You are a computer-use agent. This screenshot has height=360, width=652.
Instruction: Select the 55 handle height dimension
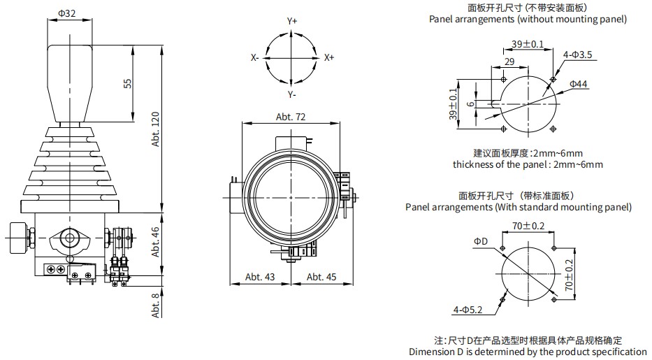[127, 82]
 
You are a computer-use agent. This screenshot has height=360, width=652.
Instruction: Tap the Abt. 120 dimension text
[156, 130]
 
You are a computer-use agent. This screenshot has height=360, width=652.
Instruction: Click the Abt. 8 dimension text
[156, 305]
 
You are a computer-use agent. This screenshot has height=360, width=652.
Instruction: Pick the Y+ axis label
[292, 22]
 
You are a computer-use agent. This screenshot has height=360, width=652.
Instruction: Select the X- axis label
[255, 58]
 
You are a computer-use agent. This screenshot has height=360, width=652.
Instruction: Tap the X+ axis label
[329, 58]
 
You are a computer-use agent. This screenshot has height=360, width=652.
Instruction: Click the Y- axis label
[292, 94]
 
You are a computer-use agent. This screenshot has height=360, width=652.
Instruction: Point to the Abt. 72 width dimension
[291, 117]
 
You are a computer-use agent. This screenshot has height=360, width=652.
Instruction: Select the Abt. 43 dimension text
[260, 277]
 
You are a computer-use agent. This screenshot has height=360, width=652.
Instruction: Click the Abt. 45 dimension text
[321, 277]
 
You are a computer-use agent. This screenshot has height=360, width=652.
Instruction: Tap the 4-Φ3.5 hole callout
[577, 54]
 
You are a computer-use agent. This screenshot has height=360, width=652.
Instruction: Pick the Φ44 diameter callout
[578, 84]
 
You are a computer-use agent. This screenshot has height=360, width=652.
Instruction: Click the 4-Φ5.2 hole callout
[467, 308]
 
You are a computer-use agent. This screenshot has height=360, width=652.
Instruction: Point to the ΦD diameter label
[480, 241]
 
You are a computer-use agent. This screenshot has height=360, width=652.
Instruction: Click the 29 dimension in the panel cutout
[509, 62]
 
